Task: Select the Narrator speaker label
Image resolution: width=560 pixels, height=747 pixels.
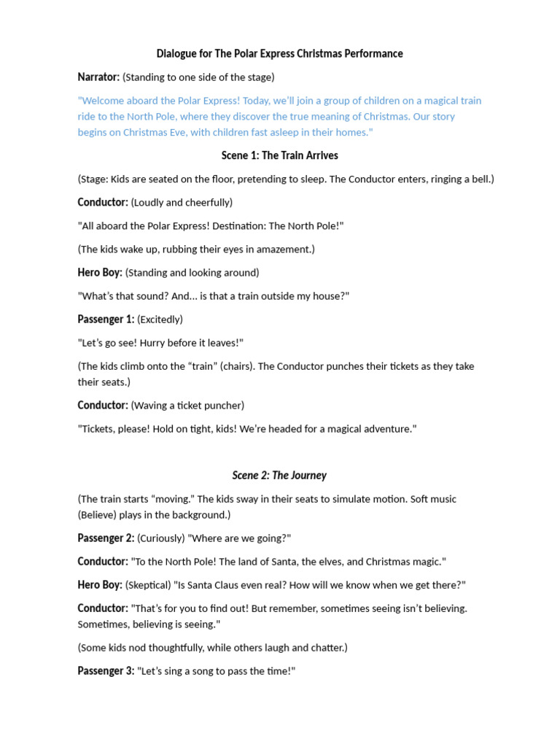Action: [98, 77]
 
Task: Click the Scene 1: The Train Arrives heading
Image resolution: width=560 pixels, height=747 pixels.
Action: [280, 155]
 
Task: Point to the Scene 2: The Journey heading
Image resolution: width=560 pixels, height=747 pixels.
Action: [280, 476]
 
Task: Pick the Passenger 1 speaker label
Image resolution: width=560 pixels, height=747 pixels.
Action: [106, 320]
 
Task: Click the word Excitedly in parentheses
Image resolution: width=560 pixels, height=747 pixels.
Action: [160, 320]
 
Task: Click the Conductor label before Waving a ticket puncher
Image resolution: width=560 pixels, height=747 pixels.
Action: [103, 406]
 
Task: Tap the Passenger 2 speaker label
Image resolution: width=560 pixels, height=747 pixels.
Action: [106, 538]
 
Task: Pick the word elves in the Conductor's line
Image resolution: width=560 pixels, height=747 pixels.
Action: [321, 562]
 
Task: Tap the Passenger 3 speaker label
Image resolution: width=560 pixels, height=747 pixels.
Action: [106, 671]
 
